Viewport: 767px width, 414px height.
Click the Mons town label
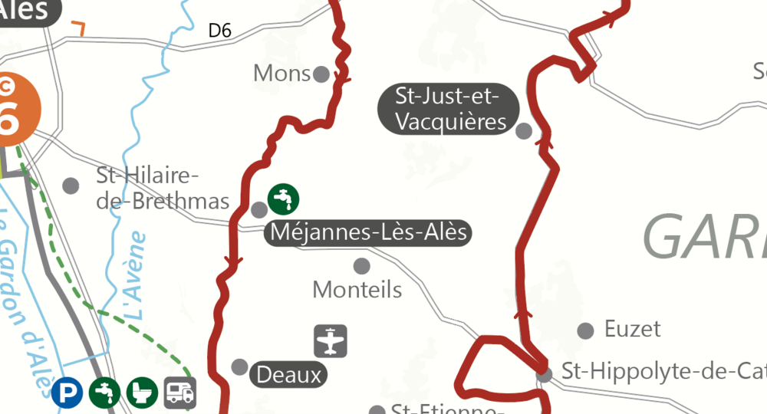pos(281,74)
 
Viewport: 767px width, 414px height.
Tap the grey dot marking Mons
pos(322,74)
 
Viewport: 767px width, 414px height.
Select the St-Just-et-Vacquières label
pos(447,109)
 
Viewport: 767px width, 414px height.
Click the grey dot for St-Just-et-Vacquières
pos(524,131)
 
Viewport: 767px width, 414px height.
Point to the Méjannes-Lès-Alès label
pos(368,232)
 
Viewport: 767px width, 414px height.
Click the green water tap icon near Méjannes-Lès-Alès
pos(284,199)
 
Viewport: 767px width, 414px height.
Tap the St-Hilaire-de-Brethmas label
pos(163,189)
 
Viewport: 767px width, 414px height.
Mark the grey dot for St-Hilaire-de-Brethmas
pos(71,186)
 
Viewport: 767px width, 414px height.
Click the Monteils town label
pos(357,290)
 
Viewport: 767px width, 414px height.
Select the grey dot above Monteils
pos(361,266)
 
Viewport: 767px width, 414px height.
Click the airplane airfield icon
pos(331,341)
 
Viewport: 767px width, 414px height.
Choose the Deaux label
pos(288,375)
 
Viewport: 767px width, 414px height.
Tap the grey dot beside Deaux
pos(240,366)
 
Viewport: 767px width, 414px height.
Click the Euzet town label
pos(632,330)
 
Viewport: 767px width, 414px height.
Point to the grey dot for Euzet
pos(585,330)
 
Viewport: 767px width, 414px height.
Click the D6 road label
pos(220,31)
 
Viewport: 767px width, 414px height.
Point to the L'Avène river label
pos(135,275)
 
